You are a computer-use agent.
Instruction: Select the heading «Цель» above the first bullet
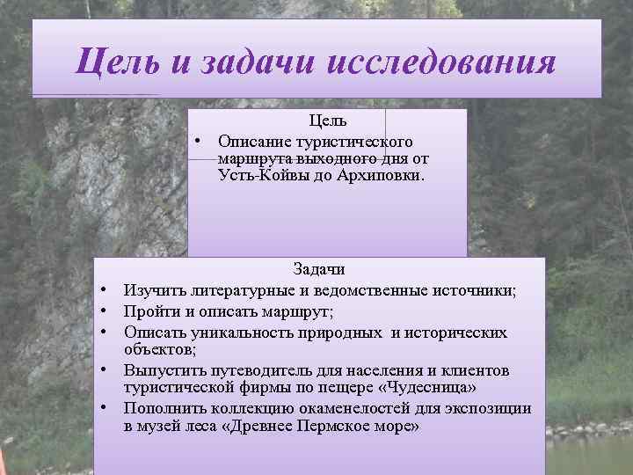point(327,121)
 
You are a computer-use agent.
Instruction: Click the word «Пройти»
point(150,311)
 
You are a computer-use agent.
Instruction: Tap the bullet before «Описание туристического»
point(200,141)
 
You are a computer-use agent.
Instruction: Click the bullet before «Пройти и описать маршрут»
point(103,311)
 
